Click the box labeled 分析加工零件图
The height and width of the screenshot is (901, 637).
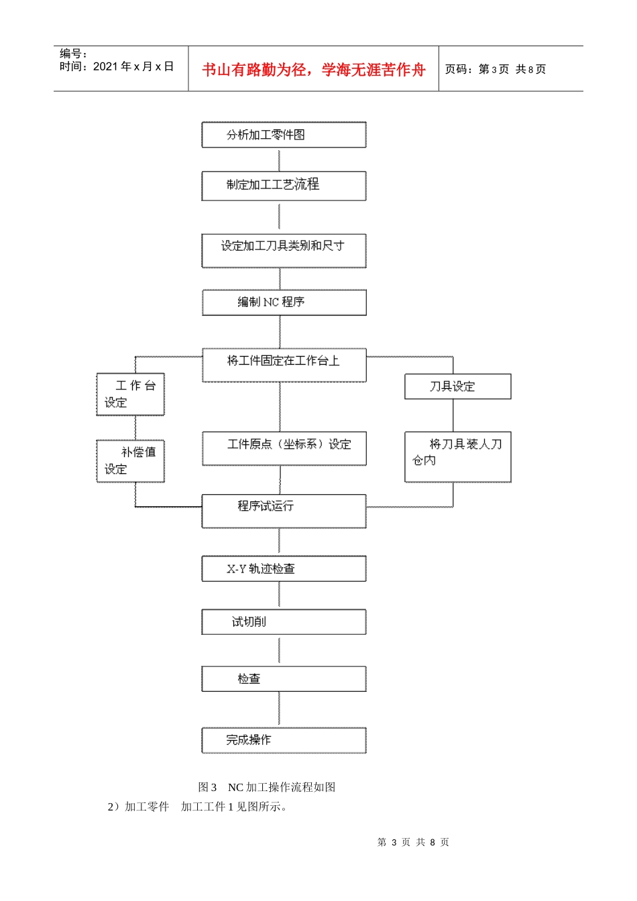[x=284, y=135]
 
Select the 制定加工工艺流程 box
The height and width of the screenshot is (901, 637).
[x=284, y=186]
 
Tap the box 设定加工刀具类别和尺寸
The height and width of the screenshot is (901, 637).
[x=284, y=251]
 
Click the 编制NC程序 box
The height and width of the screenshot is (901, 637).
[x=284, y=302]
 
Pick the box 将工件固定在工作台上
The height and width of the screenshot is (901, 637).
[x=284, y=365]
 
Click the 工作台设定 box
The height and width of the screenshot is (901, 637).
[x=130, y=394]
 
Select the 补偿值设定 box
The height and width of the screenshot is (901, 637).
[x=130, y=461]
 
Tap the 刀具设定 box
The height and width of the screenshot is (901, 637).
[x=457, y=387]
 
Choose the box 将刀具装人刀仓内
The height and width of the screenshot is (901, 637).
[x=457, y=457]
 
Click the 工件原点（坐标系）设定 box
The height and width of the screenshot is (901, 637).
[x=284, y=448]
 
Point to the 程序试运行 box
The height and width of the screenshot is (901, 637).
[x=284, y=511]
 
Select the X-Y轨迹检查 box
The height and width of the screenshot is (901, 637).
[x=284, y=568]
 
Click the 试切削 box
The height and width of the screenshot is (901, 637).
[x=284, y=622]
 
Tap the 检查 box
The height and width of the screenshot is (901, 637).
[x=284, y=679]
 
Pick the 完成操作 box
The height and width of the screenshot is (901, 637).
[x=284, y=740]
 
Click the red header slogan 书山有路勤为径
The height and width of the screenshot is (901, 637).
[x=313, y=70]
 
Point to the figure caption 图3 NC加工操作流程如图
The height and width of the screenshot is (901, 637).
[x=267, y=787]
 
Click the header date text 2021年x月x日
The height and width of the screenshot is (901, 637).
[x=133, y=66]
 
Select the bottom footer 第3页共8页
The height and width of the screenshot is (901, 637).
[x=413, y=842]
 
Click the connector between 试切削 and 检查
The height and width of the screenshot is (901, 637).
[x=279, y=650]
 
